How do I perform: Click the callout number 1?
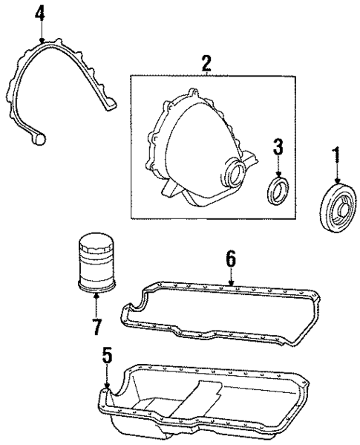336,156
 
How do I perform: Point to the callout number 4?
39,13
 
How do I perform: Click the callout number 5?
107,357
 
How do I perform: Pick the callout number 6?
230,258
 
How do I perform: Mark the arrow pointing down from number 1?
336,174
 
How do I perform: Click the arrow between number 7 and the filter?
96,305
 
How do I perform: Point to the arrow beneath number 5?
108,376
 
